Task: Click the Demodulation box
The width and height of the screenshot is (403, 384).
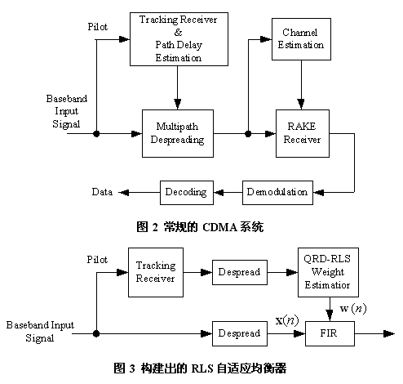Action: coord(276,192)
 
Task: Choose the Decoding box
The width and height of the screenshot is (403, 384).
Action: coord(187,192)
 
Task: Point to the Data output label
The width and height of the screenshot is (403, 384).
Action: coord(102,192)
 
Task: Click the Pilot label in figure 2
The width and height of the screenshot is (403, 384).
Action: coord(98,26)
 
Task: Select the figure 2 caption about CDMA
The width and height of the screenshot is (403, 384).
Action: coord(201,227)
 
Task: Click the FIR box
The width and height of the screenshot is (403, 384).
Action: coord(326,333)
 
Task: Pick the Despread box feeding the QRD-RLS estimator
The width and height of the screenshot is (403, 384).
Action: coord(237,271)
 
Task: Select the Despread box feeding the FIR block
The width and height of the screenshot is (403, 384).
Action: coord(237,333)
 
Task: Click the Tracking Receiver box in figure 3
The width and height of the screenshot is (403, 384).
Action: coord(155,272)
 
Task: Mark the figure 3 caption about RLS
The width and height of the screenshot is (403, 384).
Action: coord(201,367)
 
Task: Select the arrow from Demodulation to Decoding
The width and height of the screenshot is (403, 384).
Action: coord(228,192)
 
